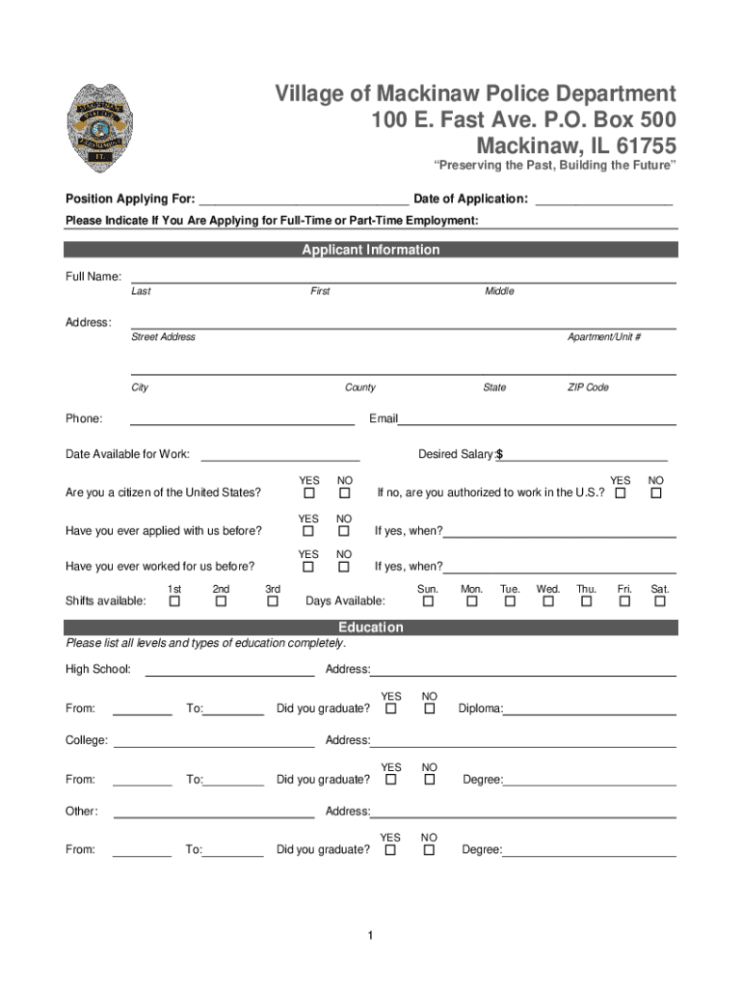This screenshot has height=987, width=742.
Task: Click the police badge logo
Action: coord(100,128)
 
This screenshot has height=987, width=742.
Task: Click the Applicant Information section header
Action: coord(371,250)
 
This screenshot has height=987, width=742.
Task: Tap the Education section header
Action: coord(371,627)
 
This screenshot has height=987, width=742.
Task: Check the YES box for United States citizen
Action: coord(308,493)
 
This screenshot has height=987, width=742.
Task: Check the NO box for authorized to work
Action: coord(656,493)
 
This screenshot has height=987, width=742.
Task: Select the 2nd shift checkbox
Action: coord(221,601)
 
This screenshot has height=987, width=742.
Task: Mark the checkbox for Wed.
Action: coord(548,601)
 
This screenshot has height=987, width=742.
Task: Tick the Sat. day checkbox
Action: coord(660,601)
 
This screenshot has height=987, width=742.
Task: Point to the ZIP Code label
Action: coord(588,387)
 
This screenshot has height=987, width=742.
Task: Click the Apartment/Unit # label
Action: coord(604,337)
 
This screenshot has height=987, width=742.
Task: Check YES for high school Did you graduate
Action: coord(391,709)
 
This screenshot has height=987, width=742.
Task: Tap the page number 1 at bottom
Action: coord(370,936)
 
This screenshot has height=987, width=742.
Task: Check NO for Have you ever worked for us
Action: coord(343,567)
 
